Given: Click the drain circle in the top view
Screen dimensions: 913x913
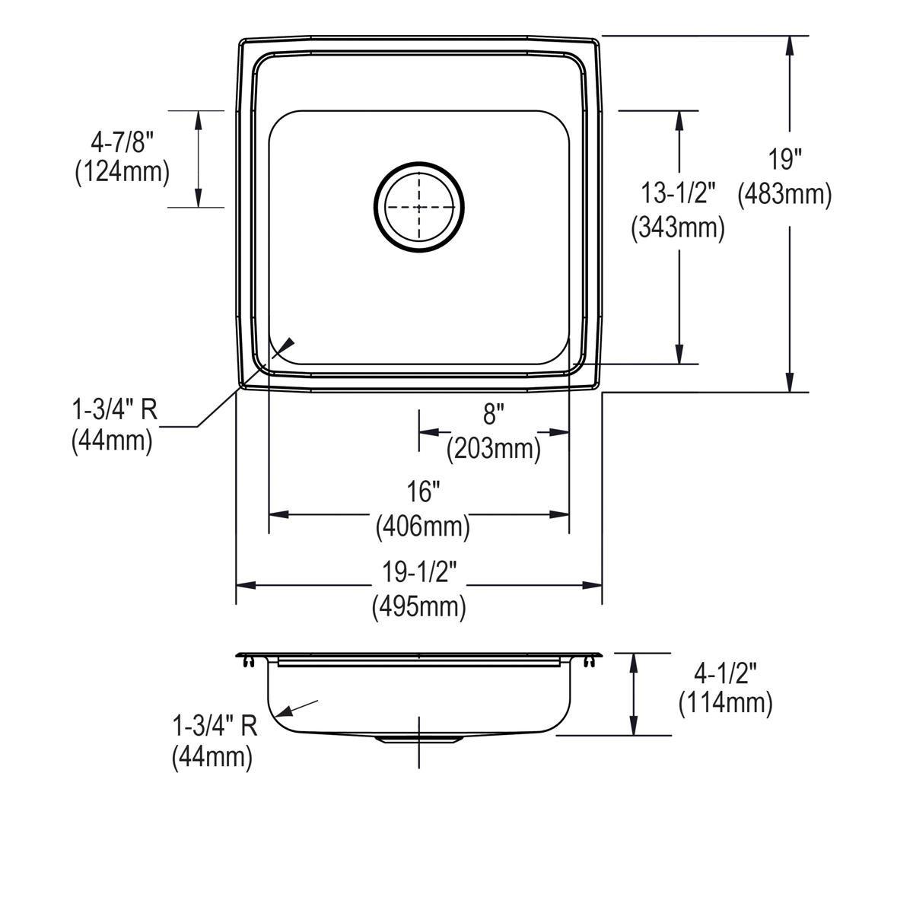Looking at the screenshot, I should pos(418,205).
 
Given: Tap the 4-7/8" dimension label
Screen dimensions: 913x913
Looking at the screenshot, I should pos(122,142).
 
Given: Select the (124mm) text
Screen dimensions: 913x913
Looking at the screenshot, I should pos(122,173).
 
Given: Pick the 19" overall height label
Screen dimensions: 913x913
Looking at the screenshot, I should pos(785,161).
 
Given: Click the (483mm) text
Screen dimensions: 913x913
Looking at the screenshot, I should pos(785,195).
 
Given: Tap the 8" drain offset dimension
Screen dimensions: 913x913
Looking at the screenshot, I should pos(494,415).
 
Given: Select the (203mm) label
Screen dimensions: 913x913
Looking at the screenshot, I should pos(494,449).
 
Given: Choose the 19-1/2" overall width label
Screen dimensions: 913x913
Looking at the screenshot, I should pos(419,571).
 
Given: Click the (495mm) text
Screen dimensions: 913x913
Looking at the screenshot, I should pos(419,606).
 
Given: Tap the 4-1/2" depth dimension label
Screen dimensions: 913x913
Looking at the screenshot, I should pos(725,672).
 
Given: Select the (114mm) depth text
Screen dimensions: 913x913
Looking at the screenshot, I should pos(725,704).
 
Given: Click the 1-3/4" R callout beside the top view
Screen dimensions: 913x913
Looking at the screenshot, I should pos(114,410).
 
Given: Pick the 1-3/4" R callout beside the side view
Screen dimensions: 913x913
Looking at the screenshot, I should pos(215,726).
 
